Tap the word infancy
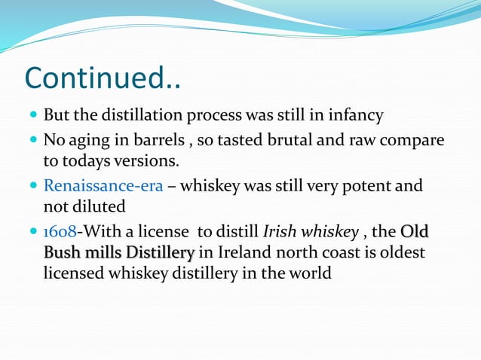[357, 115]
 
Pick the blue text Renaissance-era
[103, 185]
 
